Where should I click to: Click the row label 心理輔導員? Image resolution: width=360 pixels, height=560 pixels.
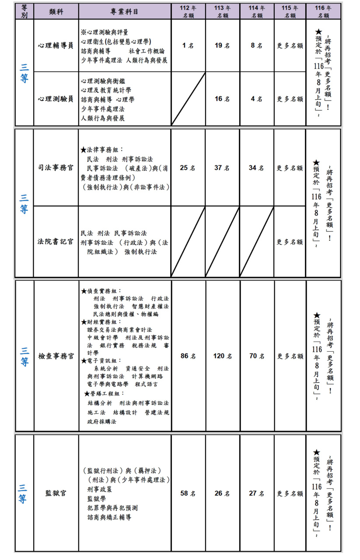point(56,45)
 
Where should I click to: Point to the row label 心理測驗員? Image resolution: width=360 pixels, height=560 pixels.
point(56,99)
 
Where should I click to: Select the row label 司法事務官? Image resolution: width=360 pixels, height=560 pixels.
point(56,168)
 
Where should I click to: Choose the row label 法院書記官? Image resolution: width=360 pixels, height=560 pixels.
point(56,241)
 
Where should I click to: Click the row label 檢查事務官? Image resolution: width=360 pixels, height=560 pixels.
point(56,356)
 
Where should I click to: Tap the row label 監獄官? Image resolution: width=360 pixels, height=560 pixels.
point(56,493)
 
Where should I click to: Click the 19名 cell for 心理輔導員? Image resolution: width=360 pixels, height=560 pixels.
point(223,45)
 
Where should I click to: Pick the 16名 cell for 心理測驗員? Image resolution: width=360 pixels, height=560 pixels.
point(223,99)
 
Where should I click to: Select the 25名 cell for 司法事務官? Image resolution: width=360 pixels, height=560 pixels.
point(188,168)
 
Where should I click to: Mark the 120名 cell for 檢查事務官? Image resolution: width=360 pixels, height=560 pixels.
point(223,356)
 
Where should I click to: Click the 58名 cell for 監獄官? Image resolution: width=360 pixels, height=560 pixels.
point(188,493)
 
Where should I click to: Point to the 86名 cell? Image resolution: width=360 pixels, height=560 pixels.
point(188,356)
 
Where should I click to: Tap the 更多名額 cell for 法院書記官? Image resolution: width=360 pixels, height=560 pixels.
point(290,241)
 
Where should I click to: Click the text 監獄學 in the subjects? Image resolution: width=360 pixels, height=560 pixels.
point(96,498)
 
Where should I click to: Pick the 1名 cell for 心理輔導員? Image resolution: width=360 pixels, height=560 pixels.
point(188,45)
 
